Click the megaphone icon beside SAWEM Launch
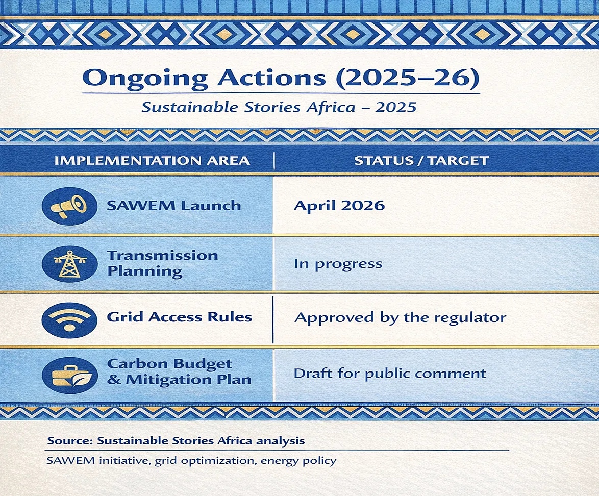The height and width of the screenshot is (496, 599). coord(69,206)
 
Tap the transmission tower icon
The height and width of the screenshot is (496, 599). coord(69,264)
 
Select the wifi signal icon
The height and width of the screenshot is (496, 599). coord(69,320)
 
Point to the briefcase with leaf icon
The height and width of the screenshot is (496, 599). coord(69,375)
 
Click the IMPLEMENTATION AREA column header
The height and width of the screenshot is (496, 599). coord(152,161)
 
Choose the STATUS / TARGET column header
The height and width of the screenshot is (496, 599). coord(421,161)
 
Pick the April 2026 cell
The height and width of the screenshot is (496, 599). coord(339,206)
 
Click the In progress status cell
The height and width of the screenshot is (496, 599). coord(338,264)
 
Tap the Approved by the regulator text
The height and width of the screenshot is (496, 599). coord(401,318)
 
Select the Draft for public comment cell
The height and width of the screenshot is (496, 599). coord(390,374)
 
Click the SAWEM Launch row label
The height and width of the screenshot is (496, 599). coord(174,206)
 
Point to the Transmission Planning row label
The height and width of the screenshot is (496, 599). coord(162,263)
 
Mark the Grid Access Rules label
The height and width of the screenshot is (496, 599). coord(179,317)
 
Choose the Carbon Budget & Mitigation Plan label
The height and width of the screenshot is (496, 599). coord(179,371)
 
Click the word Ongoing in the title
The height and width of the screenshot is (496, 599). coord(145,79)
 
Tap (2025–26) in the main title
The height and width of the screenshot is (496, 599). coord(407,78)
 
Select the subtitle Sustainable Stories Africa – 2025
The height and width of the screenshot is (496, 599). coord(279,107)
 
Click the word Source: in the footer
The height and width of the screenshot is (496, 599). coord(70,440)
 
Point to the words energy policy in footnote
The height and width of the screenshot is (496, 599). coord(298,461)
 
